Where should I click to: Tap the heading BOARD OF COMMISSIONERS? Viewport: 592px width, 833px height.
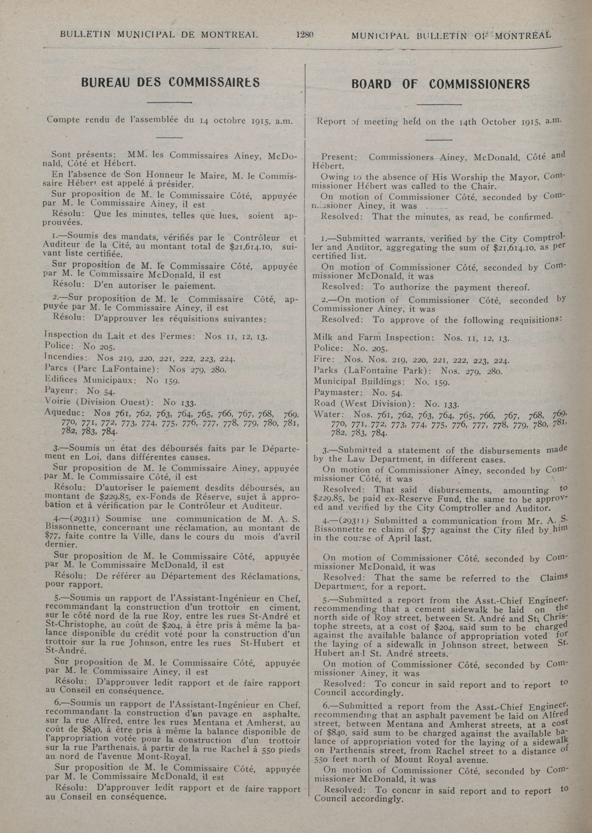[x=440, y=84]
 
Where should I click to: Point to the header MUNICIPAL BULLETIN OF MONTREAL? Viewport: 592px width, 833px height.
[x=451, y=36]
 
